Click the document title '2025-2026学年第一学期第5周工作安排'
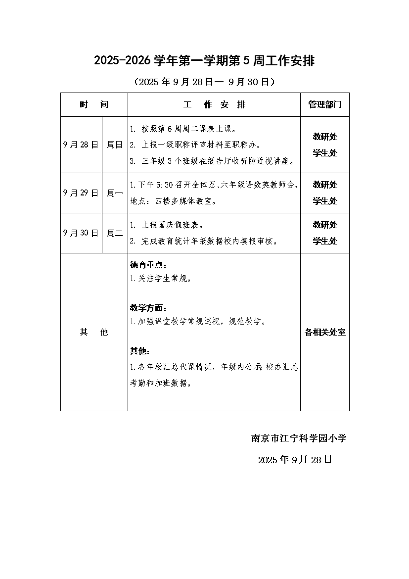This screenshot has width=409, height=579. pos(204,61)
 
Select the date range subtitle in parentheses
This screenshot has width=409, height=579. pos(204,82)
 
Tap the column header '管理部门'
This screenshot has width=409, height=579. pos(324,105)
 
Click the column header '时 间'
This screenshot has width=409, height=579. pos(94,105)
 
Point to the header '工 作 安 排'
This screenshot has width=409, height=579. pos(214,105)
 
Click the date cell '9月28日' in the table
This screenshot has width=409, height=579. pos(81,145)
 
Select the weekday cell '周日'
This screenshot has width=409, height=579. pos(115,145)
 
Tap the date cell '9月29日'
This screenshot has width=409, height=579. pos(81,193)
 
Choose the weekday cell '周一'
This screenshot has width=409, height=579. pos(115,193)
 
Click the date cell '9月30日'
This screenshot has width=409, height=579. pos(81,233)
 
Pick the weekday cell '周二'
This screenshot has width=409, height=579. pos(115,233)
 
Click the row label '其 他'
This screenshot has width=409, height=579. pos(94,332)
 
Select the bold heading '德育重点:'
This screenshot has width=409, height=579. pos(148,265)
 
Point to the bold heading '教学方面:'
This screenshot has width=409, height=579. pos(148,308)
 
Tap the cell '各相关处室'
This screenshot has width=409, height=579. pos(324,332)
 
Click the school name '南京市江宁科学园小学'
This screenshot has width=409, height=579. pos(299,438)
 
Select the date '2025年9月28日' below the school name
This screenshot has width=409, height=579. pos(295,460)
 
